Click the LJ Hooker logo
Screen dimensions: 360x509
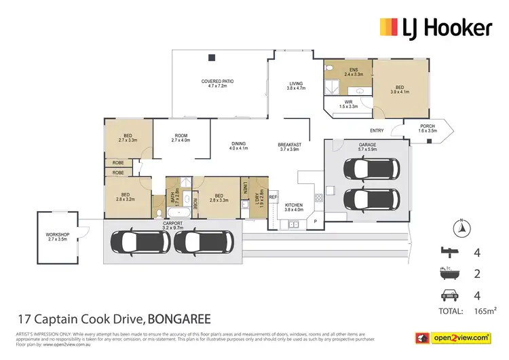tap(435, 28)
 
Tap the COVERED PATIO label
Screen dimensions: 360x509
tap(217, 84)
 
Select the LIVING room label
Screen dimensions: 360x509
tap(296, 85)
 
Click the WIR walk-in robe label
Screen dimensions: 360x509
tap(348, 104)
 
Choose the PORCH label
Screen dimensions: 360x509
tap(428, 127)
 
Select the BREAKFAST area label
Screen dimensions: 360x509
tap(289, 147)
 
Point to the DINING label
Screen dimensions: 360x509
tap(238, 145)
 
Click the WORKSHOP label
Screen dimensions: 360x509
tap(58, 237)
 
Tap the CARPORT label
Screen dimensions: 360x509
tap(174, 225)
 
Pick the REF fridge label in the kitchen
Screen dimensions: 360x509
tap(274, 197)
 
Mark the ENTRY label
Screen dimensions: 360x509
tap(377, 130)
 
